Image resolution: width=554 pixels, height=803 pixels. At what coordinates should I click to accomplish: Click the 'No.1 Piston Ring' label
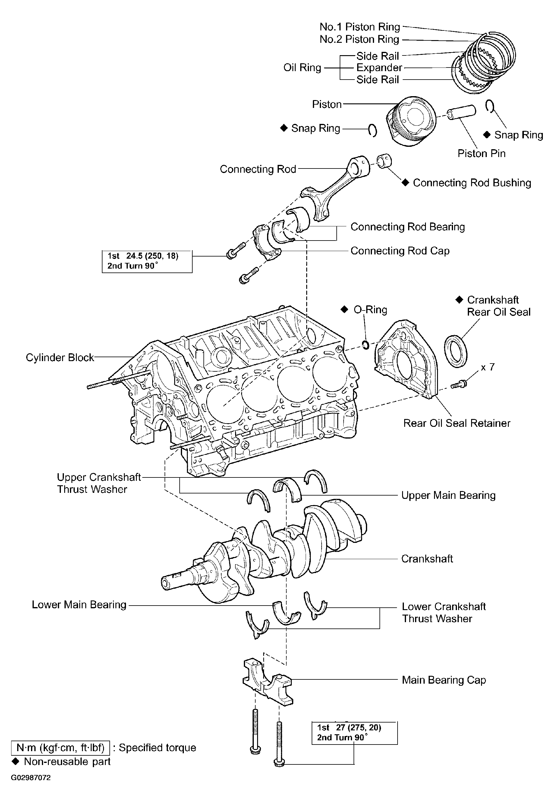(360, 27)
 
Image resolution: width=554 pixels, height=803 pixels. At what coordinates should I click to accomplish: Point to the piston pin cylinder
(461, 112)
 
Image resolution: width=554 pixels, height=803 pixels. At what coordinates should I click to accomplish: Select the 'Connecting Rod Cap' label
(400, 251)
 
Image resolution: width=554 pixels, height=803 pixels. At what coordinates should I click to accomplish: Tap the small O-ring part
(366, 345)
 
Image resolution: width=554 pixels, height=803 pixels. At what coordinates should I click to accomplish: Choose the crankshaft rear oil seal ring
(456, 351)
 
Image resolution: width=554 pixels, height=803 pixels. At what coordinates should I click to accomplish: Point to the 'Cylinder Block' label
(60, 357)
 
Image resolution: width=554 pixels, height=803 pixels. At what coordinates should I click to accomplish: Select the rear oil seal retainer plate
(406, 359)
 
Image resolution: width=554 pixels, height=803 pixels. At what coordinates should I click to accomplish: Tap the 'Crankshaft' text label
(427, 559)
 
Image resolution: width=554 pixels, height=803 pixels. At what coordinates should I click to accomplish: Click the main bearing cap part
(268, 682)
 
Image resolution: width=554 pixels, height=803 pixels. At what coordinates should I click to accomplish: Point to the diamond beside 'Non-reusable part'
(15, 761)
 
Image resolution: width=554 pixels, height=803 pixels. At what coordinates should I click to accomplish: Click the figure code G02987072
(31, 778)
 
